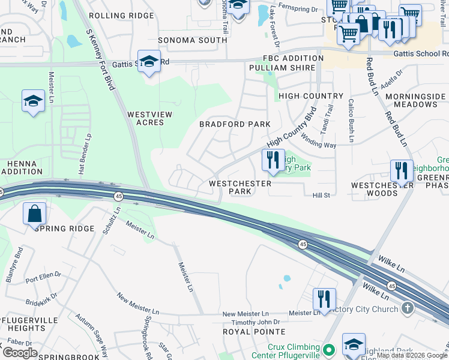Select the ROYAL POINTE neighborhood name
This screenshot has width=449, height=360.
pos(254,331)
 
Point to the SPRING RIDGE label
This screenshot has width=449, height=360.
pos(65,229)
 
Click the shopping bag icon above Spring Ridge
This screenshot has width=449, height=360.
pos(35,214)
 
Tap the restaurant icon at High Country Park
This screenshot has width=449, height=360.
pos(273,160)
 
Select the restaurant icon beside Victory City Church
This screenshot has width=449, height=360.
pos(324,299)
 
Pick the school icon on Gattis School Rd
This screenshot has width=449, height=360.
pos(149,62)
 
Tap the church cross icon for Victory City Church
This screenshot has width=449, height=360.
pos(408,309)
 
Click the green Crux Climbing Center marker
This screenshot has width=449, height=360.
pos(328,349)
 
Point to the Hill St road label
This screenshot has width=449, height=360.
pos(321,195)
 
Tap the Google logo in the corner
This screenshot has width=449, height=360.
pos(20,353)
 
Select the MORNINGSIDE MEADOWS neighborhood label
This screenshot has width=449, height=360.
pos(415,100)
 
